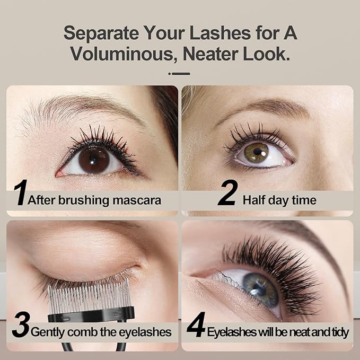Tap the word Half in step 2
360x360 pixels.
click(x=253, y=200)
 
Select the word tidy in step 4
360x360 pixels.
click(x=339, y=332)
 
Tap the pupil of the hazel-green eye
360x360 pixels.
click(x=257, y=153)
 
